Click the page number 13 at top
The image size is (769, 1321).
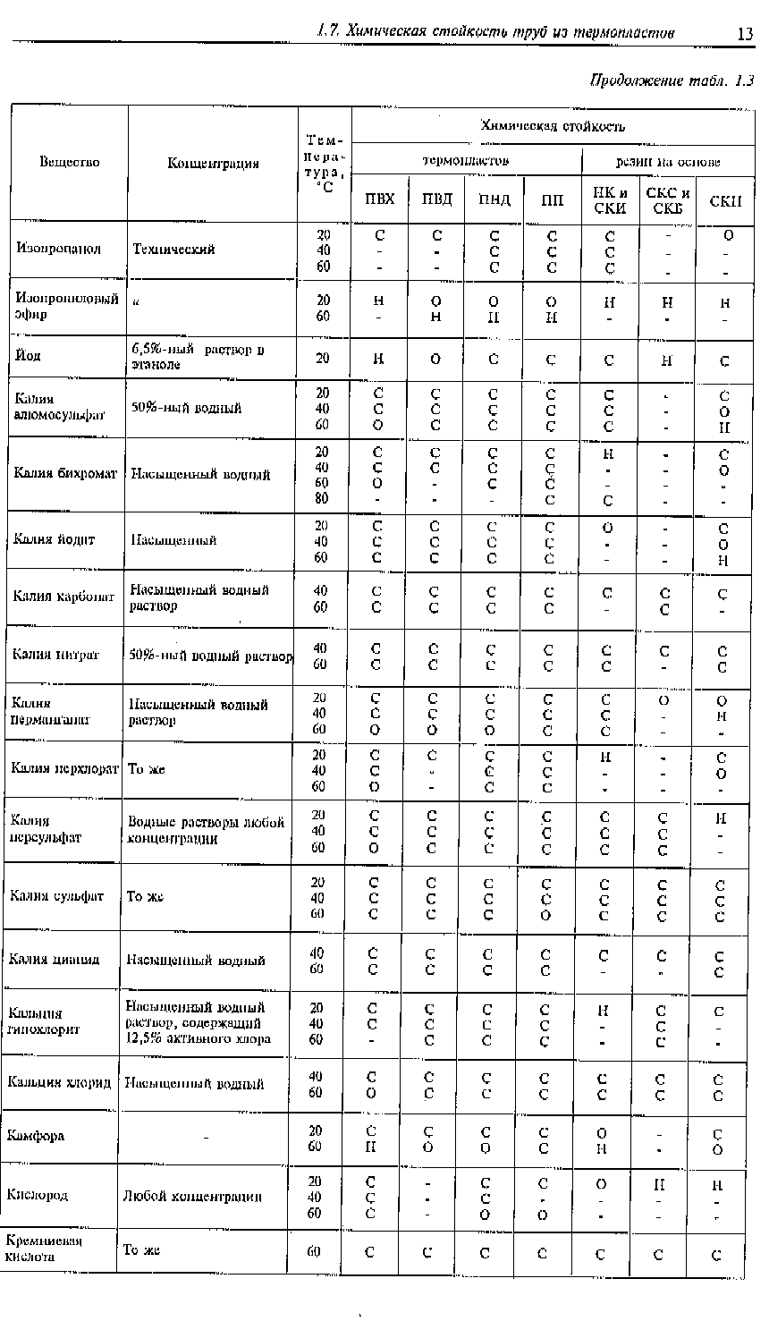[x=745, y=34]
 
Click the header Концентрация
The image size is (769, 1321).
[x=213, y=164]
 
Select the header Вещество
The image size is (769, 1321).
[x=69, y=163]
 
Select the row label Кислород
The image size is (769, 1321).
[x=37, y=1195]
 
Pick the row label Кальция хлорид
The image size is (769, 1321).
[x=59, y=1082]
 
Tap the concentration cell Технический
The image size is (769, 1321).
[x=173, y=250]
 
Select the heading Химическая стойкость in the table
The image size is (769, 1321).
[x=553, y=126]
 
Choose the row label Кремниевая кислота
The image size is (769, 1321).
[x=44, y=1249]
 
